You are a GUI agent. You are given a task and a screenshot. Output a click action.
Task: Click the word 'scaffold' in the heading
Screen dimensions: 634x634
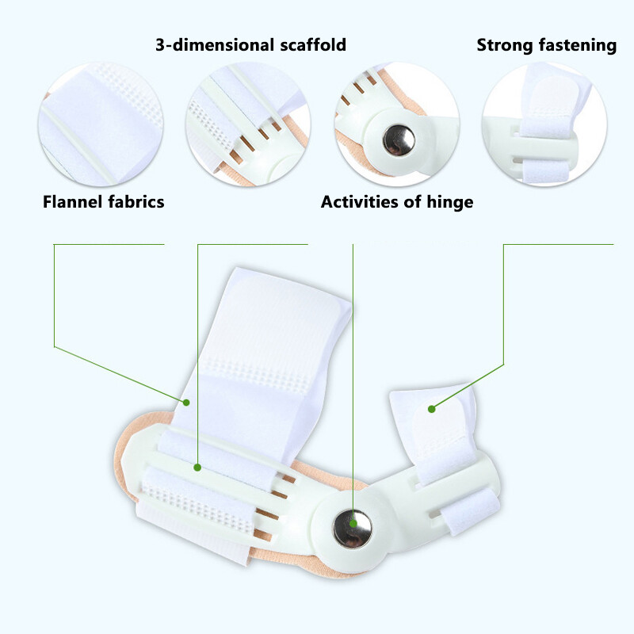(313, 44)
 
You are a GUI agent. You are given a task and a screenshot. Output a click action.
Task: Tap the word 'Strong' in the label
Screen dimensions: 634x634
(505, 45)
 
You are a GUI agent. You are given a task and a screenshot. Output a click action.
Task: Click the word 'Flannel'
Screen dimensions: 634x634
(71, 202)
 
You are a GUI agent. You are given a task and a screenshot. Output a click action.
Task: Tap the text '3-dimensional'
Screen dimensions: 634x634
(215, 44)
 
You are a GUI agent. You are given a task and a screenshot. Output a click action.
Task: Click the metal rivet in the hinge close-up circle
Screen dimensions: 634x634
(399, 140)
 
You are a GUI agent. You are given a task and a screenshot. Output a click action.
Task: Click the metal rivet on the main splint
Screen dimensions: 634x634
(352, 529)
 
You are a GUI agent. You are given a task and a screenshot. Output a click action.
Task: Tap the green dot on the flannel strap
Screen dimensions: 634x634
(186, 403)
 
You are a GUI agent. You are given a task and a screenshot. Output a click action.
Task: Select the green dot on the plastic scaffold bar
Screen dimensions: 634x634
(197, 468)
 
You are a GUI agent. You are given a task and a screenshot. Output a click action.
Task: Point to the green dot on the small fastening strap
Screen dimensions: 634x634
(431, 409)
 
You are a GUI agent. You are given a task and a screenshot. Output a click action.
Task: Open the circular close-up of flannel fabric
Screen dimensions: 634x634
(101, 124)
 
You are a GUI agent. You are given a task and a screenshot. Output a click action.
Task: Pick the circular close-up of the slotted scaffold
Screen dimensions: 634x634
(248, 124)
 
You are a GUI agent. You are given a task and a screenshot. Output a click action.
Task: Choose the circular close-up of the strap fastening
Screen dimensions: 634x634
(544, 124)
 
